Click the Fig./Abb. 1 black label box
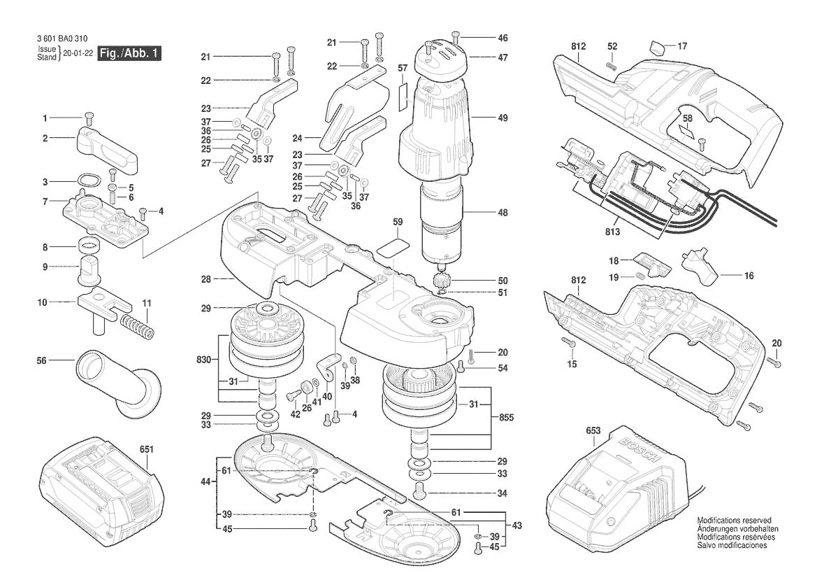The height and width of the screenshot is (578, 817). (x=129, y=54)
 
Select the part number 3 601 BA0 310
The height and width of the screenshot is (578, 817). (x=59, y=38)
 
